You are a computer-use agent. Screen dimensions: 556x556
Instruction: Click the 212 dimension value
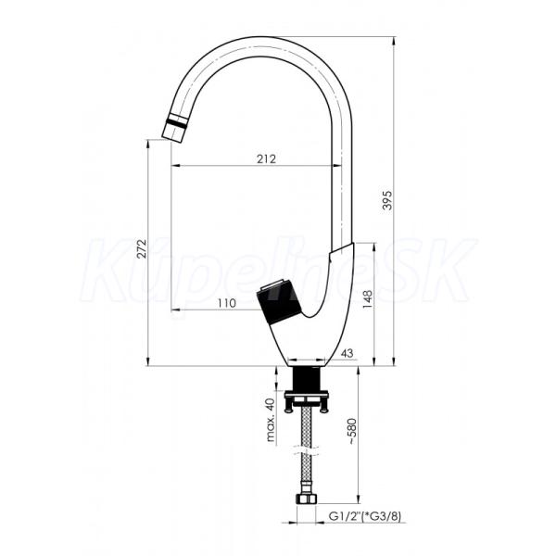click(x=266, y=158)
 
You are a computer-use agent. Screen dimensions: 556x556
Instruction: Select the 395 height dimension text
click(x=387, y=200)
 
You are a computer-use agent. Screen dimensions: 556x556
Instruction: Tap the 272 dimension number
click(x=142, y=248)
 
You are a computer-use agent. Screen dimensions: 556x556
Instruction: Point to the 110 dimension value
click(x=226, y=303)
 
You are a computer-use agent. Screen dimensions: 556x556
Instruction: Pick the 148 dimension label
click(x=368, y=299)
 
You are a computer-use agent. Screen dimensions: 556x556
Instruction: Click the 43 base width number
click(x=347, y=353)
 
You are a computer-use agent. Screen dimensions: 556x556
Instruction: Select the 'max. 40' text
click(x=271, y=420)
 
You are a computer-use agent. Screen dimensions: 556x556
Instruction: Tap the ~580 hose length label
click(x=352, y=432)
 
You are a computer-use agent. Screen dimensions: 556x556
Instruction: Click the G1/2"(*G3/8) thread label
click(x=365, y=517)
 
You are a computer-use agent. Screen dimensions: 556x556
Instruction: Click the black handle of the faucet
click(x=279, y=301)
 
